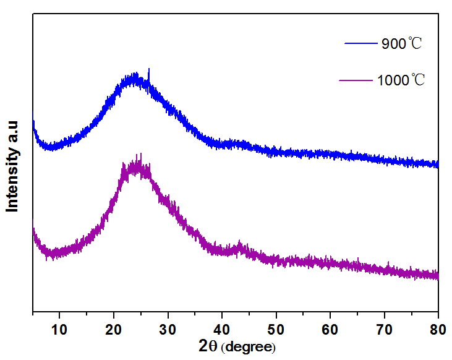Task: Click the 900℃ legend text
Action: coord(401,44)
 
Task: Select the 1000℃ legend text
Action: coord(401,80)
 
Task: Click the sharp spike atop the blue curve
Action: coord(148,72)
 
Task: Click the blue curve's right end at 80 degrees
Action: coord(437,164)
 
